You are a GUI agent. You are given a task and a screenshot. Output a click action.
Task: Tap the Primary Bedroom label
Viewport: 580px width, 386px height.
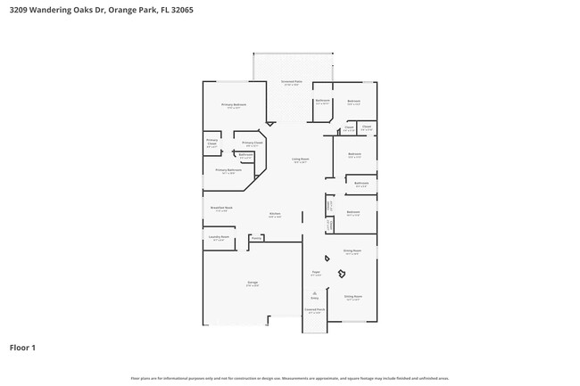234,105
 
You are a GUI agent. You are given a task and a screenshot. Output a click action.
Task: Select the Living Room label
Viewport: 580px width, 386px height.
300,160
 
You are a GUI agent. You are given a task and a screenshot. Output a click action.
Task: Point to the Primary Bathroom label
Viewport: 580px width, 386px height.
228,170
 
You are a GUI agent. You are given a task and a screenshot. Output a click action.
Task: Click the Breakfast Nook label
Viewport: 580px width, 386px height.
221,208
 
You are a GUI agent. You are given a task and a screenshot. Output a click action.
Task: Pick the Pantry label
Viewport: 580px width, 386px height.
255,238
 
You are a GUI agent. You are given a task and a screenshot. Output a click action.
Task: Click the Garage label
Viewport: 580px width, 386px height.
253,283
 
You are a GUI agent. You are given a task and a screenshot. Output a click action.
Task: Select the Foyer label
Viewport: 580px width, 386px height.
315,273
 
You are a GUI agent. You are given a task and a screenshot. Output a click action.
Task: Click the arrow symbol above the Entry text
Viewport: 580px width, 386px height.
314,292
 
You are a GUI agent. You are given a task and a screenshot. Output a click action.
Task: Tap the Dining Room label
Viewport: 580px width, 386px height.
352,251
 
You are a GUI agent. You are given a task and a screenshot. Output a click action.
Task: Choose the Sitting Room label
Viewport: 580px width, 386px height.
352,297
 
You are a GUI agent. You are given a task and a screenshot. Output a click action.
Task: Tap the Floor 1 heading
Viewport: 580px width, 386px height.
22,347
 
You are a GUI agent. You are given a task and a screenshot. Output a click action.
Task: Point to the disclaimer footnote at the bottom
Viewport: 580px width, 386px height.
289,378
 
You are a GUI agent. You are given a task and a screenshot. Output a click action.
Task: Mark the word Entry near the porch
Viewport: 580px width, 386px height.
314,299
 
